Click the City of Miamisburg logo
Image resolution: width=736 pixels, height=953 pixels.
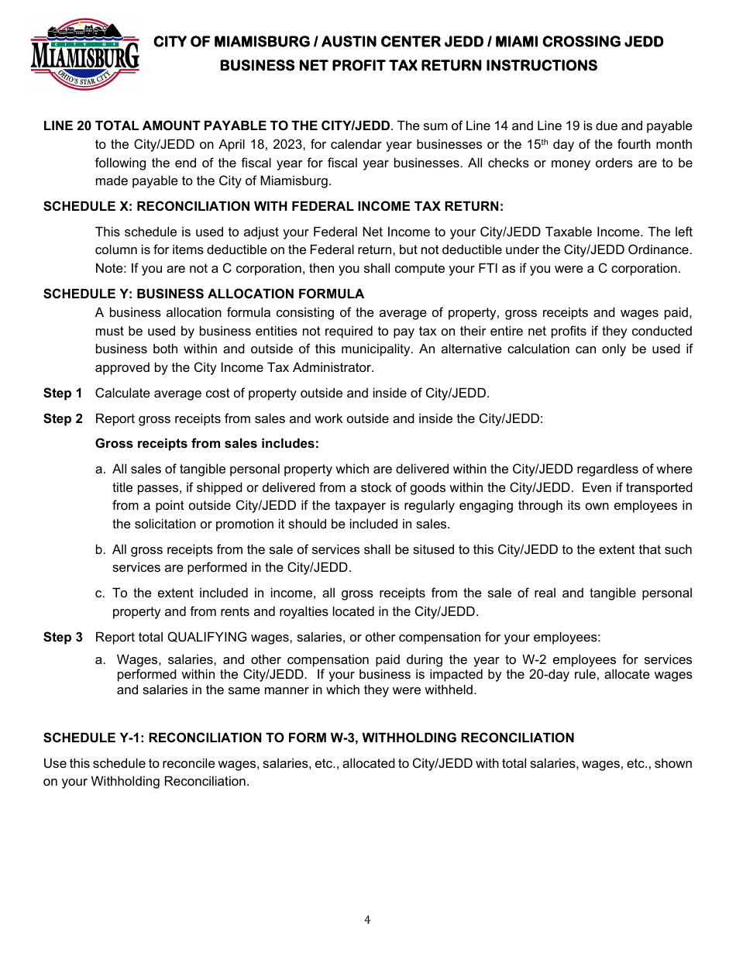click(x=84, y=53)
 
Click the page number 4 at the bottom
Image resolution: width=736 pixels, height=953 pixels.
click(x=367, y=920)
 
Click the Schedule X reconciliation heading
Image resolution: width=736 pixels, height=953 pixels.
click(x=273, y=206)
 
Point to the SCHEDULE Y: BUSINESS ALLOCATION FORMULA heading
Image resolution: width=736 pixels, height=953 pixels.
click(x=203, y=294)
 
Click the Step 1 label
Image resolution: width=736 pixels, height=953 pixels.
click(x=63, y=393)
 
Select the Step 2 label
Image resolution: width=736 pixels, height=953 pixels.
click(x=63, y=418)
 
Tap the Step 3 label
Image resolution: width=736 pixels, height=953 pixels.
click(x=63, y=637)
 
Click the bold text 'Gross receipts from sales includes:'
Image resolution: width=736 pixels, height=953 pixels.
click(x=207, y=443)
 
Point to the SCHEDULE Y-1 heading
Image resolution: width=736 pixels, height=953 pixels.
click(x=308, y=738)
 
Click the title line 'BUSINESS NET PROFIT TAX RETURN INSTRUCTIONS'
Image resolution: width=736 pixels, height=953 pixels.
click(x=408, y=66)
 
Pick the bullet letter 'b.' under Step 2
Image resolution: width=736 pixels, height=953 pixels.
click(x=101, y=549)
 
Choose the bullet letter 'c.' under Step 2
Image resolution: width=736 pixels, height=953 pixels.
click(x=101, y=593)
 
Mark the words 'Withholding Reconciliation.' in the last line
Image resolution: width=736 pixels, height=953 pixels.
click(x=170, y=781)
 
